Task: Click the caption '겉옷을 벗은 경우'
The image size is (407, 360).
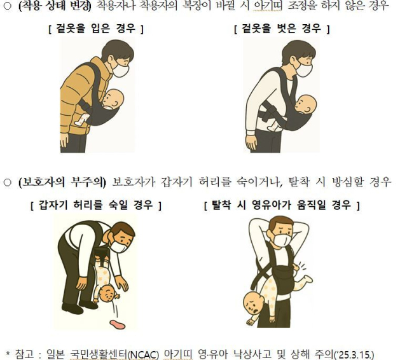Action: pyautogui.click(x=282, y=29)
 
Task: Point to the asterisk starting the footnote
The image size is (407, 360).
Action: pyautogui.click(x=9, y=352)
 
